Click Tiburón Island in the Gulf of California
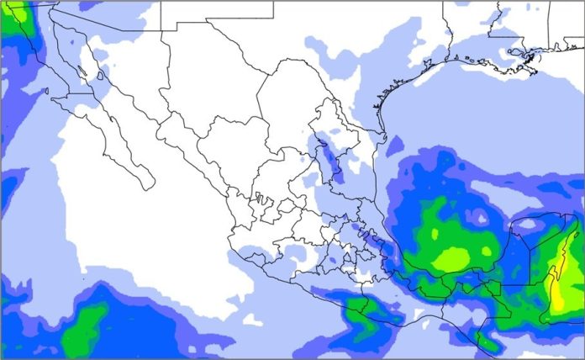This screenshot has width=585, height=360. [x=100, y=75]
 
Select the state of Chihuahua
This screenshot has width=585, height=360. [x=202, y=93]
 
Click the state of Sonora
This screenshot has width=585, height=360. [x=126, y=67]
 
